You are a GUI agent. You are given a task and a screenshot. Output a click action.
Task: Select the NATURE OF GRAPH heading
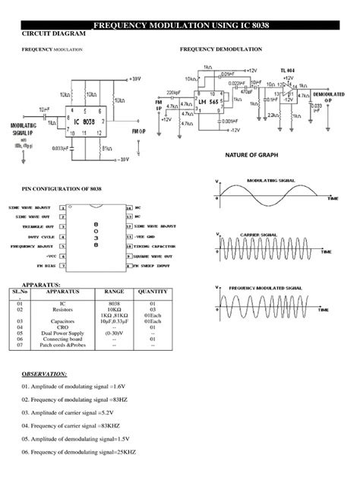251,154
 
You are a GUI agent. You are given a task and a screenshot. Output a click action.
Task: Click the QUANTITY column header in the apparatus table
153,292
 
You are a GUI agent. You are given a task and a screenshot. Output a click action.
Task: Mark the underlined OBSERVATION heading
44,374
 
